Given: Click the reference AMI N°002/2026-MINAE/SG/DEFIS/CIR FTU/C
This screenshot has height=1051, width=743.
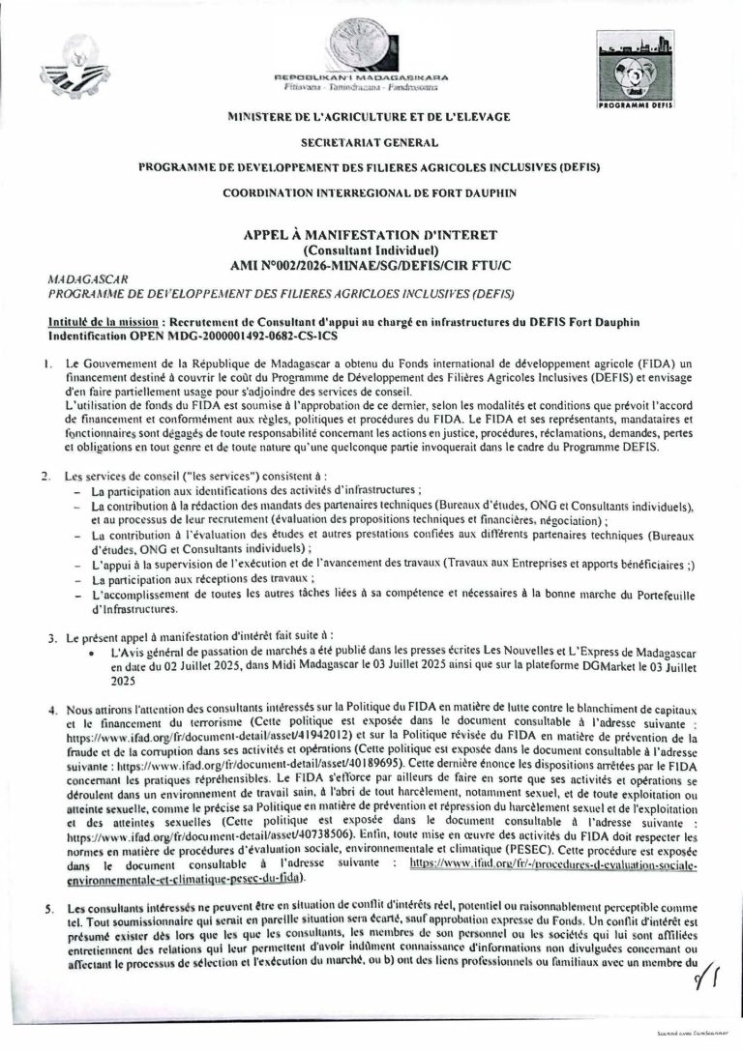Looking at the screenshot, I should (x=371, y=263).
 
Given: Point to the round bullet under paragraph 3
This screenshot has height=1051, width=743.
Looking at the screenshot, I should (x=91, y=655).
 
